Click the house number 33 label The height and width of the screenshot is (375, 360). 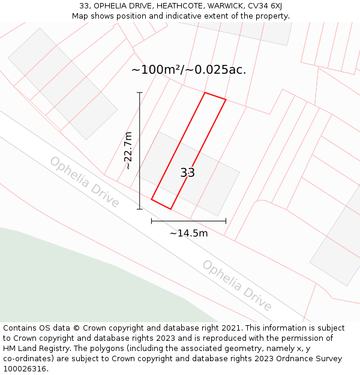187,173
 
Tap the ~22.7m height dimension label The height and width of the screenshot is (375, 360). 128,151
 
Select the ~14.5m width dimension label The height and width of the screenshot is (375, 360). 188,233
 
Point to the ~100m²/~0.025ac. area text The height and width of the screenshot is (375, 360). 188,70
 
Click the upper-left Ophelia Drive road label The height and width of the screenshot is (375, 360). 85,182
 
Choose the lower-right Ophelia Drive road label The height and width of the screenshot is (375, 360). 236,285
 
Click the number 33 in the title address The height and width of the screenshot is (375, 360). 84,6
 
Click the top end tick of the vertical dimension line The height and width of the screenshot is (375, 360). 140,92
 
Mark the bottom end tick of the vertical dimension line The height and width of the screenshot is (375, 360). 140,209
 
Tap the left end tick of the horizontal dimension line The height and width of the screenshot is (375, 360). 151,221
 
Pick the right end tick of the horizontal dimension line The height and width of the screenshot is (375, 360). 226,221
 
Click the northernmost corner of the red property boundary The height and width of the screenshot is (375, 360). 205,92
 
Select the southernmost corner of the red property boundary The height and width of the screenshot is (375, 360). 171,209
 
